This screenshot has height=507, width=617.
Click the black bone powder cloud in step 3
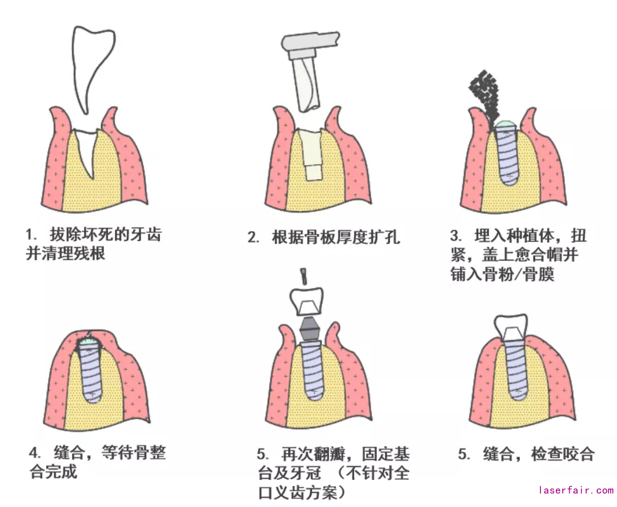(485, 95)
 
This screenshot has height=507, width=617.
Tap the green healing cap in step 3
(506, 124)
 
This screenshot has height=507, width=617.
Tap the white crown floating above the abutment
(306, 301)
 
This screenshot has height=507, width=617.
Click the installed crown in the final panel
(511, 326)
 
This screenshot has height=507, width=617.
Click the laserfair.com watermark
(576, 490)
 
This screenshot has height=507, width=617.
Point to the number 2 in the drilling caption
(253, 238)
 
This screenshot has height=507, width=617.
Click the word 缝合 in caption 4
(69, 453)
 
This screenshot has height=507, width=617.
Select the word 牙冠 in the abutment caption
(305, 473)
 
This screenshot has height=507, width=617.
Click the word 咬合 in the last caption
(578, 454)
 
